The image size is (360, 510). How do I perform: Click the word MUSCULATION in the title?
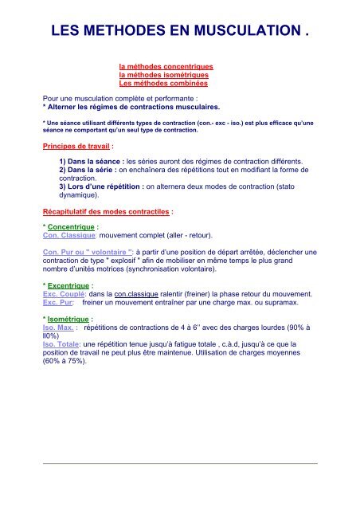click(x=242, y=33)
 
